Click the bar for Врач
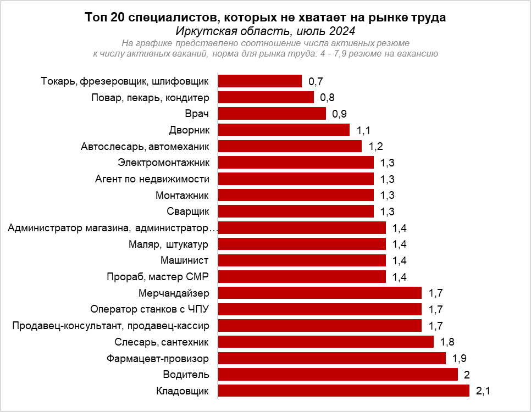click(x=272, y=114)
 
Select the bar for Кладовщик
click(x=344, y=391)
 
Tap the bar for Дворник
click(x=284, y=130)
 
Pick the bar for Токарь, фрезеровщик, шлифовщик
click(x=260, y=81)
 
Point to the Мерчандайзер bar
click(x=320, y=293)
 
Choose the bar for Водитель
click(x=338, y=375)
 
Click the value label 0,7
click(x=316, y=82)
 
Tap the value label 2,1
click(x=483, y=391)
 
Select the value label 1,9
click(x=459, y=359)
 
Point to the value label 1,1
click(x=363, y=131)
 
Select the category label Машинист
click(x=185, y=260)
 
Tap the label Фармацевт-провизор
click(x=158, y=359)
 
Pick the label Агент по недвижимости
click(x=152, y=179)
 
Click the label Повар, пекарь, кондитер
click(x=150, y=98)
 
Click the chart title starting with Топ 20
click(x=265, y=18)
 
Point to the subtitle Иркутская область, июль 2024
click(x=265, y=31)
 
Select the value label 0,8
click(x=328, y=98)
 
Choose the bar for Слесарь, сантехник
click(x=326, y=342)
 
